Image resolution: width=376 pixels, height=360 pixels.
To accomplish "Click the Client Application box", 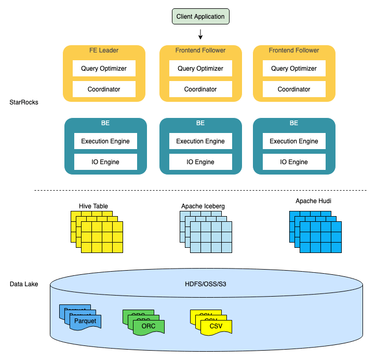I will [200, 17].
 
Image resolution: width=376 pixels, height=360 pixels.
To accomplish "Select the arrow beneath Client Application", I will [200, 34].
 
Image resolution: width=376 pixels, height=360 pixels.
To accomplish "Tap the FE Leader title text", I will [104, 50].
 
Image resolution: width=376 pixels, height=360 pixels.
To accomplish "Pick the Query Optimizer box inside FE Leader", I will [104, 69].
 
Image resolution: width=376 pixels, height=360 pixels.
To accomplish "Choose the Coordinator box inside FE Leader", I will [104, 89].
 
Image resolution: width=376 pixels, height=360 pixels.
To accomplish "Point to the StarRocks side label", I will [24, 102].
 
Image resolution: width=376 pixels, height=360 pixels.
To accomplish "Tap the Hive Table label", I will [93, 206].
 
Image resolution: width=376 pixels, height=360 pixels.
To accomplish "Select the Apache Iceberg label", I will [203, 206].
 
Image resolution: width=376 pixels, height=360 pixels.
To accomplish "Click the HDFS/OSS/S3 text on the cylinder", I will [206, 284].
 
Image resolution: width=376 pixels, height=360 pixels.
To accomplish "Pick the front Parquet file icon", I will [85, 322].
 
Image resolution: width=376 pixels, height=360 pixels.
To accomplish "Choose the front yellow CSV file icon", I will [216, 326].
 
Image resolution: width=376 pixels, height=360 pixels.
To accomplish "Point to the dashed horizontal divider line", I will [200, 190].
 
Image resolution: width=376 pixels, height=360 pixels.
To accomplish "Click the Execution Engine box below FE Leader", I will [105, 141].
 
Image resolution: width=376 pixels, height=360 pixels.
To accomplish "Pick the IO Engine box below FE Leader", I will [105, 162].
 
